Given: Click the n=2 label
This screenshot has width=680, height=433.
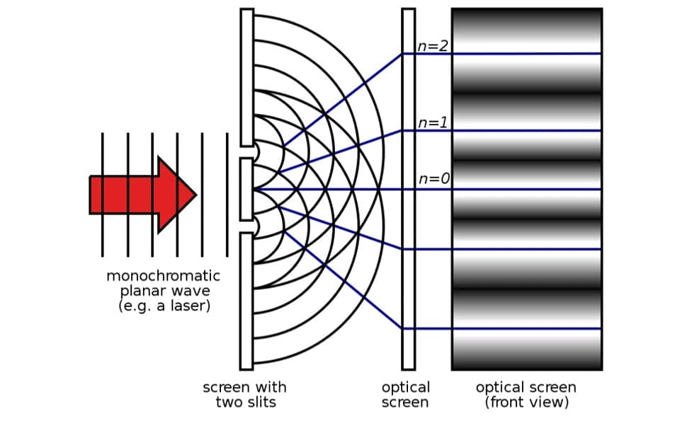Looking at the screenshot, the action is click(x=432, y=46).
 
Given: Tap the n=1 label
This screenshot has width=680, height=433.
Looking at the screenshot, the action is click(x=432, y=122).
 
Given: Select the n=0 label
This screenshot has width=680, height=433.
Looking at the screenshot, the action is click(x=434, y=178).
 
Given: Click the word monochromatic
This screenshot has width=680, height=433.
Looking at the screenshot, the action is click(x=163, y=276).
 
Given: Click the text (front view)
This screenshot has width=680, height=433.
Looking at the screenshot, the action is click(x=526, y=403).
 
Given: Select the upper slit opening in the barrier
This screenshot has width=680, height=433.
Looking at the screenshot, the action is click(x=250, y=152).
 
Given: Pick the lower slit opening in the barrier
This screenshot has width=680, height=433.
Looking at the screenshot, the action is click(x=250, y=226).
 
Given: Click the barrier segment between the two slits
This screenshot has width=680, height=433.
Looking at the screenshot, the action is click(x=246, y=189).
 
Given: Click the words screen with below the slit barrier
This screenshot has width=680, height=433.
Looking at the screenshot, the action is click(x=244, y=387).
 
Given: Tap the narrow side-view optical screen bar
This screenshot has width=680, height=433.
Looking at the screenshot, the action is click(x=409, y=189).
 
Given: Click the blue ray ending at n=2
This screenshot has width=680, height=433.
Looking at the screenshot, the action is click(x=343, y=100).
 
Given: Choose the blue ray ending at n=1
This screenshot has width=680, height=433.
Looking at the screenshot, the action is click(x=341, y=151).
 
